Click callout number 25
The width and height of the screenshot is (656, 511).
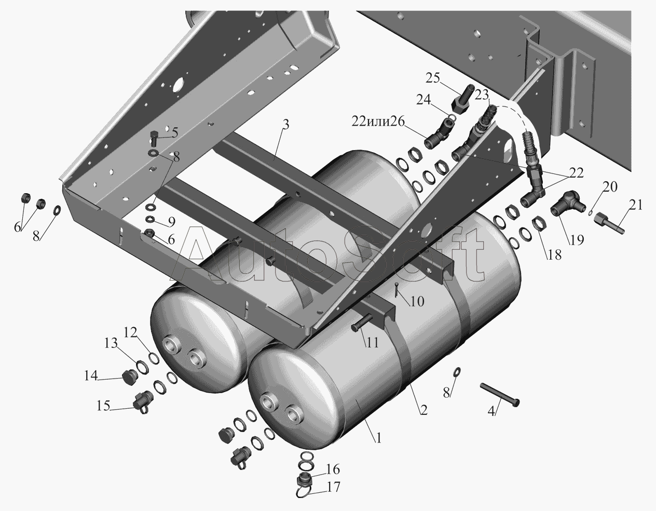(433, 78)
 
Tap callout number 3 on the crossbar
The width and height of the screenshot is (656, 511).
(285, 124)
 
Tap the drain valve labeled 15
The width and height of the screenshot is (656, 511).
(143, 401)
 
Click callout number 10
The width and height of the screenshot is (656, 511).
(417, 301)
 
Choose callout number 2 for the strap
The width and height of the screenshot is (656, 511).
(424, 410)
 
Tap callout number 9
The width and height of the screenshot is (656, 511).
(171, 222)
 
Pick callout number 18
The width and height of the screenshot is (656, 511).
(555, 255)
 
